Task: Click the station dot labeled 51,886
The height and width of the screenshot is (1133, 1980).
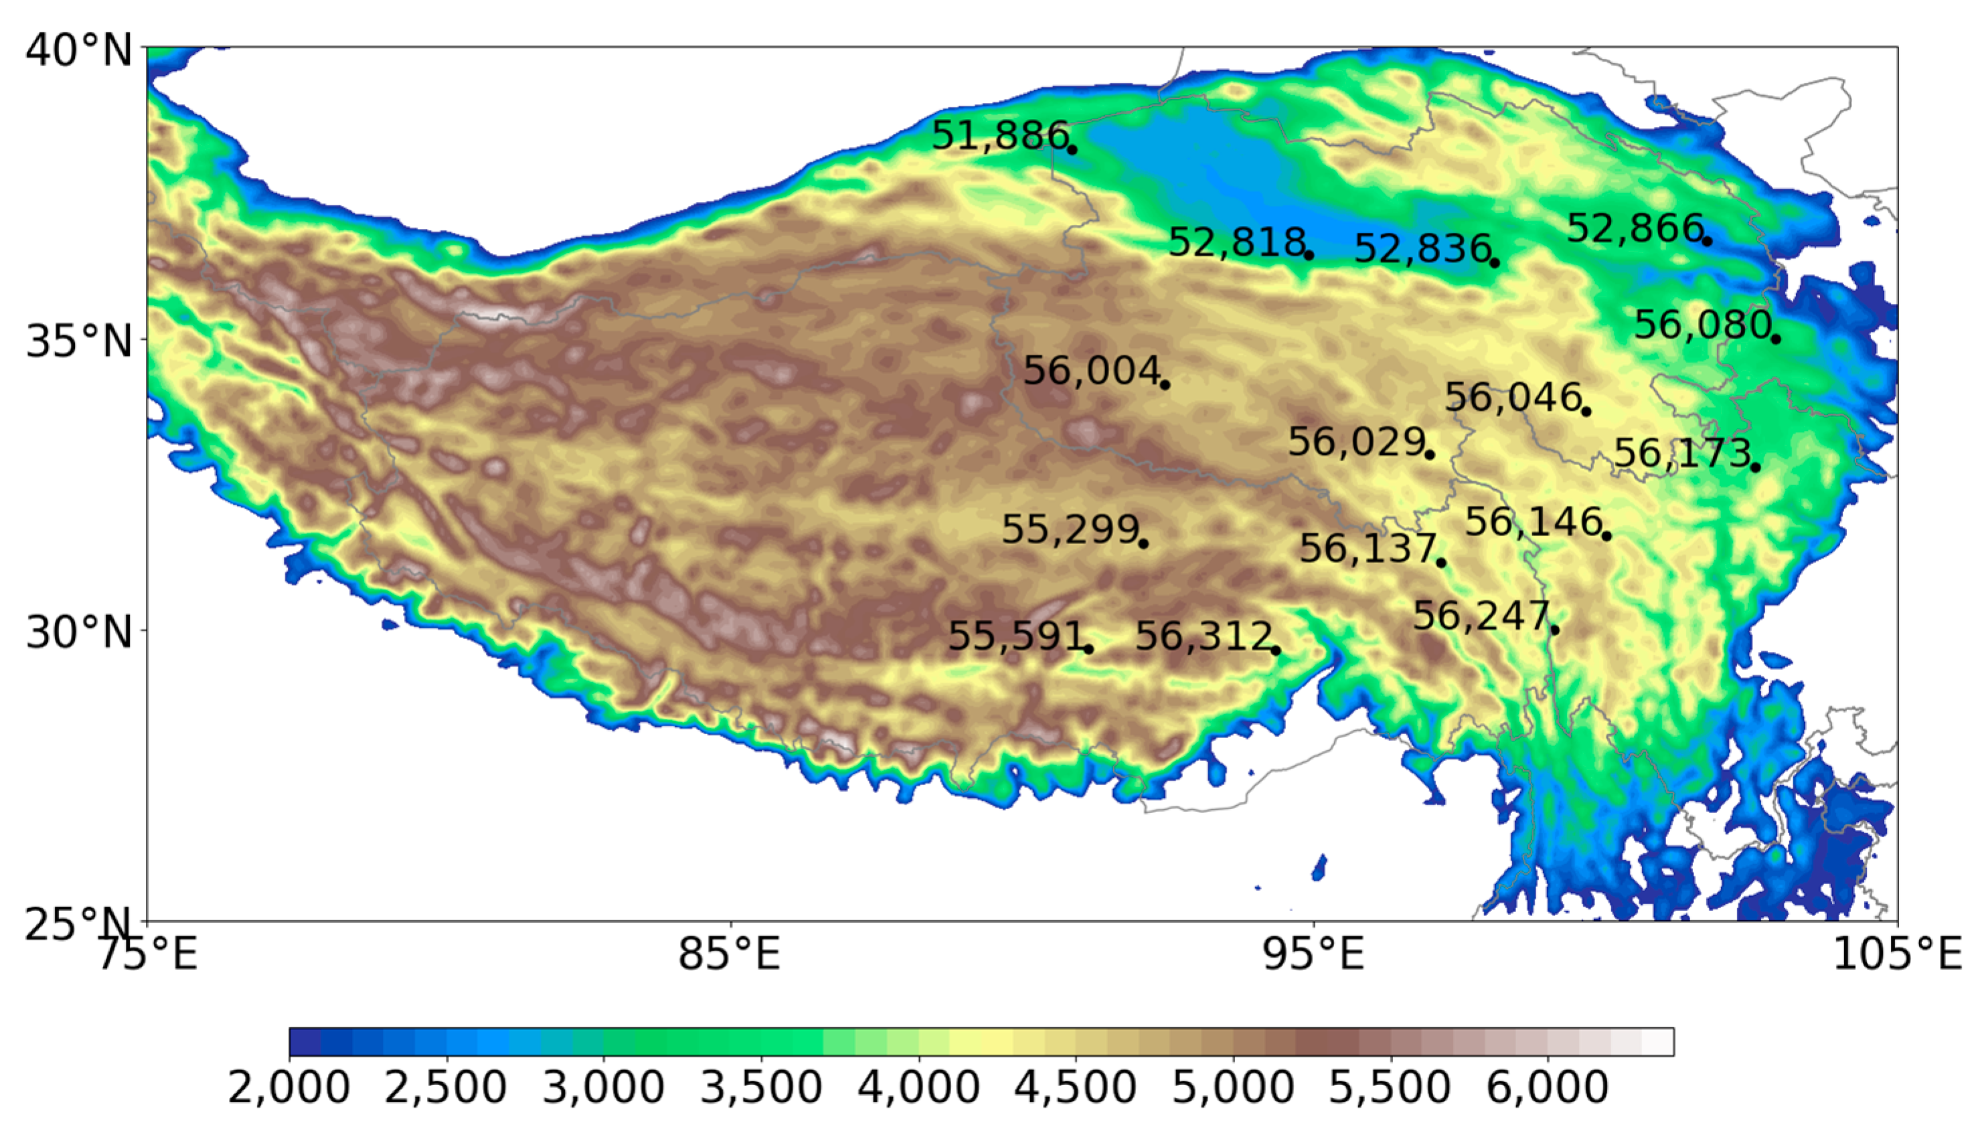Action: click(x=1072, y=149)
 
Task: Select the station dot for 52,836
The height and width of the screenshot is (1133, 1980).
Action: click(x=1494, y=263)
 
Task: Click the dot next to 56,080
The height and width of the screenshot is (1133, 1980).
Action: click(x=1775, y=339)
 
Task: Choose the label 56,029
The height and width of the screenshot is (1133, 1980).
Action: click(x=1355, y=442)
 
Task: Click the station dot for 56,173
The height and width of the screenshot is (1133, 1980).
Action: click(x=1755, y=467)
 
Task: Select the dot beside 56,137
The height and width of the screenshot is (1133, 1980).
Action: click(x=1440, y=563)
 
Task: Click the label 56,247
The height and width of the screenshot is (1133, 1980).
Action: click(x=1481, y=616)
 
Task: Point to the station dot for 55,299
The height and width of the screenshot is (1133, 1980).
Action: click(x=1143, y=543)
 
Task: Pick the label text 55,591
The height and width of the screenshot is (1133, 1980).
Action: click(x=1015, y=636)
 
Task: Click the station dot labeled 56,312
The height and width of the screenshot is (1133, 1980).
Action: click(x=1276, y=650)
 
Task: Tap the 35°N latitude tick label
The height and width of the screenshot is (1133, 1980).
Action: click(x=78, y=341)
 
